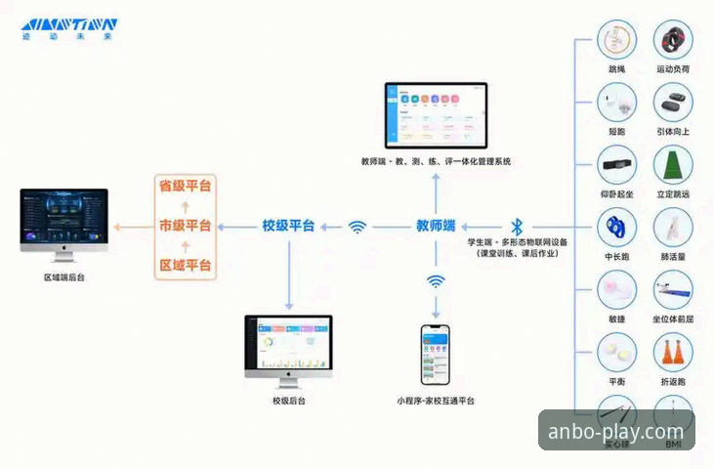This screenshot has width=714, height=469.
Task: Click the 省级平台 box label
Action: pos(186,185)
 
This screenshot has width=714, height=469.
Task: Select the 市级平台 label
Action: pos(186,226)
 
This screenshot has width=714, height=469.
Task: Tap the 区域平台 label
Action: pos(186,266)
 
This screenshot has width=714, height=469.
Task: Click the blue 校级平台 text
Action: pos(288,226)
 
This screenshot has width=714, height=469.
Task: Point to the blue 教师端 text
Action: pos(436,226)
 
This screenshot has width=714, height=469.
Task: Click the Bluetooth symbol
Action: pos(518,226)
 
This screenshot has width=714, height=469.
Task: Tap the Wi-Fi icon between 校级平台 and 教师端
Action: pos(358,227)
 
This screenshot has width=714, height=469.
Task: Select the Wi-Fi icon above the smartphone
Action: pos(436,281)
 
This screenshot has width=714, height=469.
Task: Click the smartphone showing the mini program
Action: pos(436,356)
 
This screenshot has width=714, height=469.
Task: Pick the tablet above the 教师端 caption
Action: pos(436,114)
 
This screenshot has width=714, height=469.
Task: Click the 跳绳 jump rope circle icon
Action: pos(616,41)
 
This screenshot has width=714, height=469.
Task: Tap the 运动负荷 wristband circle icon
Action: pos(674,41)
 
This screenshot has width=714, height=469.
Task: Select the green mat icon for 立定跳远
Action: pos(674,165)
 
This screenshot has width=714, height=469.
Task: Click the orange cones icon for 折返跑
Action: pos(674,353)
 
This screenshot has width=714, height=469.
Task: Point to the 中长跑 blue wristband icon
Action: pos(616,228)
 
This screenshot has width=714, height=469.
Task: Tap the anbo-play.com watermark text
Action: pos(616,431)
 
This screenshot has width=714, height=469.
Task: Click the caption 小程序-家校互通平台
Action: pos(436,402)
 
